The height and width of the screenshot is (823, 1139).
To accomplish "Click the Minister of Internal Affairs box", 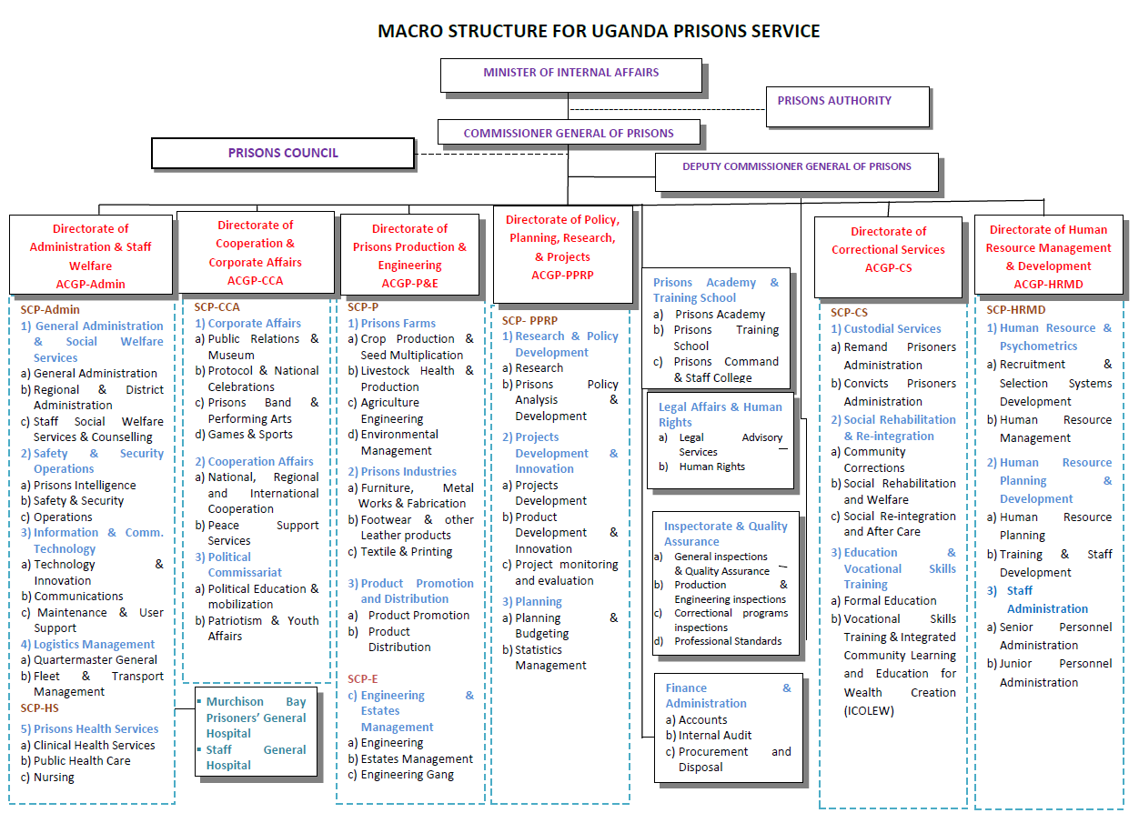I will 570,73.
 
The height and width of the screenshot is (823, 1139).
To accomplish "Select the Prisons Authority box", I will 834,101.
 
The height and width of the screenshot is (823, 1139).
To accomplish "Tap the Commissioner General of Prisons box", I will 569,134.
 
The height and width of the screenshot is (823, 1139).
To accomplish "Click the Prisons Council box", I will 283,153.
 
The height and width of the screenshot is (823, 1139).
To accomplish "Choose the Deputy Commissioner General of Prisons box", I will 797,167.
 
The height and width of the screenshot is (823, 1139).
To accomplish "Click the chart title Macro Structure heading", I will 599,32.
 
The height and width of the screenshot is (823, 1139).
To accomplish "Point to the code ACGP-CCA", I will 255,280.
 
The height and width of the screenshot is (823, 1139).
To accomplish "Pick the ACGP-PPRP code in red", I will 562,275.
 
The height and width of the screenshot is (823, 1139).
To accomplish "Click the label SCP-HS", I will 40,708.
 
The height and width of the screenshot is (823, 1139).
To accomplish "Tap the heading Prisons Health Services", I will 96,728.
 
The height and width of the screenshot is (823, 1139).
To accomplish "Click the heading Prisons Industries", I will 408,471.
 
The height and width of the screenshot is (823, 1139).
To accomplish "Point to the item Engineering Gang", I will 407,775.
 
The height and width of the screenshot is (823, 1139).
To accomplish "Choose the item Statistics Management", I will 550,657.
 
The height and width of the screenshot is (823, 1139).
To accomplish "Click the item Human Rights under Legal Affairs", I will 711,467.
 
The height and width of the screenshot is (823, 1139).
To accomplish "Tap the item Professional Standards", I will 728,641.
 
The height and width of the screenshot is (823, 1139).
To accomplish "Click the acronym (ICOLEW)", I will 869,710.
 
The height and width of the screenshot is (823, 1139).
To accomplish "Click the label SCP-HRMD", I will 1016,309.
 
